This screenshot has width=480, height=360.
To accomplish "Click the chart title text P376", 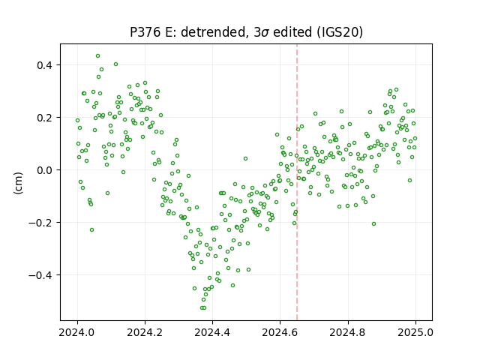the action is pos(145,32).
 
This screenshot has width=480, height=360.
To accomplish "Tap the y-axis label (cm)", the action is pos(19,183).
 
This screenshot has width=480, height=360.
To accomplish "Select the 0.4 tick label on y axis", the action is pos(45,65).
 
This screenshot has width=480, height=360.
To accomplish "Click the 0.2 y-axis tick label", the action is pos(45,118).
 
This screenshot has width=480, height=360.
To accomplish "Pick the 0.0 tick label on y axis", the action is pos(45,170).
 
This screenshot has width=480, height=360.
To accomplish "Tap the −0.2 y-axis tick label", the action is pos(41,223).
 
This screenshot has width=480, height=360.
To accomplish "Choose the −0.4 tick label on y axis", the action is pos(41,275).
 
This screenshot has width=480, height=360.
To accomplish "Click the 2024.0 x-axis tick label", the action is pos(77,332).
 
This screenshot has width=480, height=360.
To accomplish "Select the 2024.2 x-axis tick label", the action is pos(145,332).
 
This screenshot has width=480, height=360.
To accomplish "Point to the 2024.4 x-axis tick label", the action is pos(212,332).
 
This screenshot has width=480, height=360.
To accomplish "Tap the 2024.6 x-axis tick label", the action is pos(280,332).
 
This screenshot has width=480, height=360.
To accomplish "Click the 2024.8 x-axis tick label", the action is pos(348,332).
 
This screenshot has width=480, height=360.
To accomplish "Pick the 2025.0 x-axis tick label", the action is pos(415,332).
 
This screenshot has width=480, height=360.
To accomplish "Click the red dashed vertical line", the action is pos(297,182).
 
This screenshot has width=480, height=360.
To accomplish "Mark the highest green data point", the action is pos(98,56).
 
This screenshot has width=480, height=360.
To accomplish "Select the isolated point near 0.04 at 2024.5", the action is pos(245,158).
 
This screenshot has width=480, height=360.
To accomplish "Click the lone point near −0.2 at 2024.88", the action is pos(373,224).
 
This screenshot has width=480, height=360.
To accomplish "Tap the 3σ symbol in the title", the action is pos(262,32).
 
